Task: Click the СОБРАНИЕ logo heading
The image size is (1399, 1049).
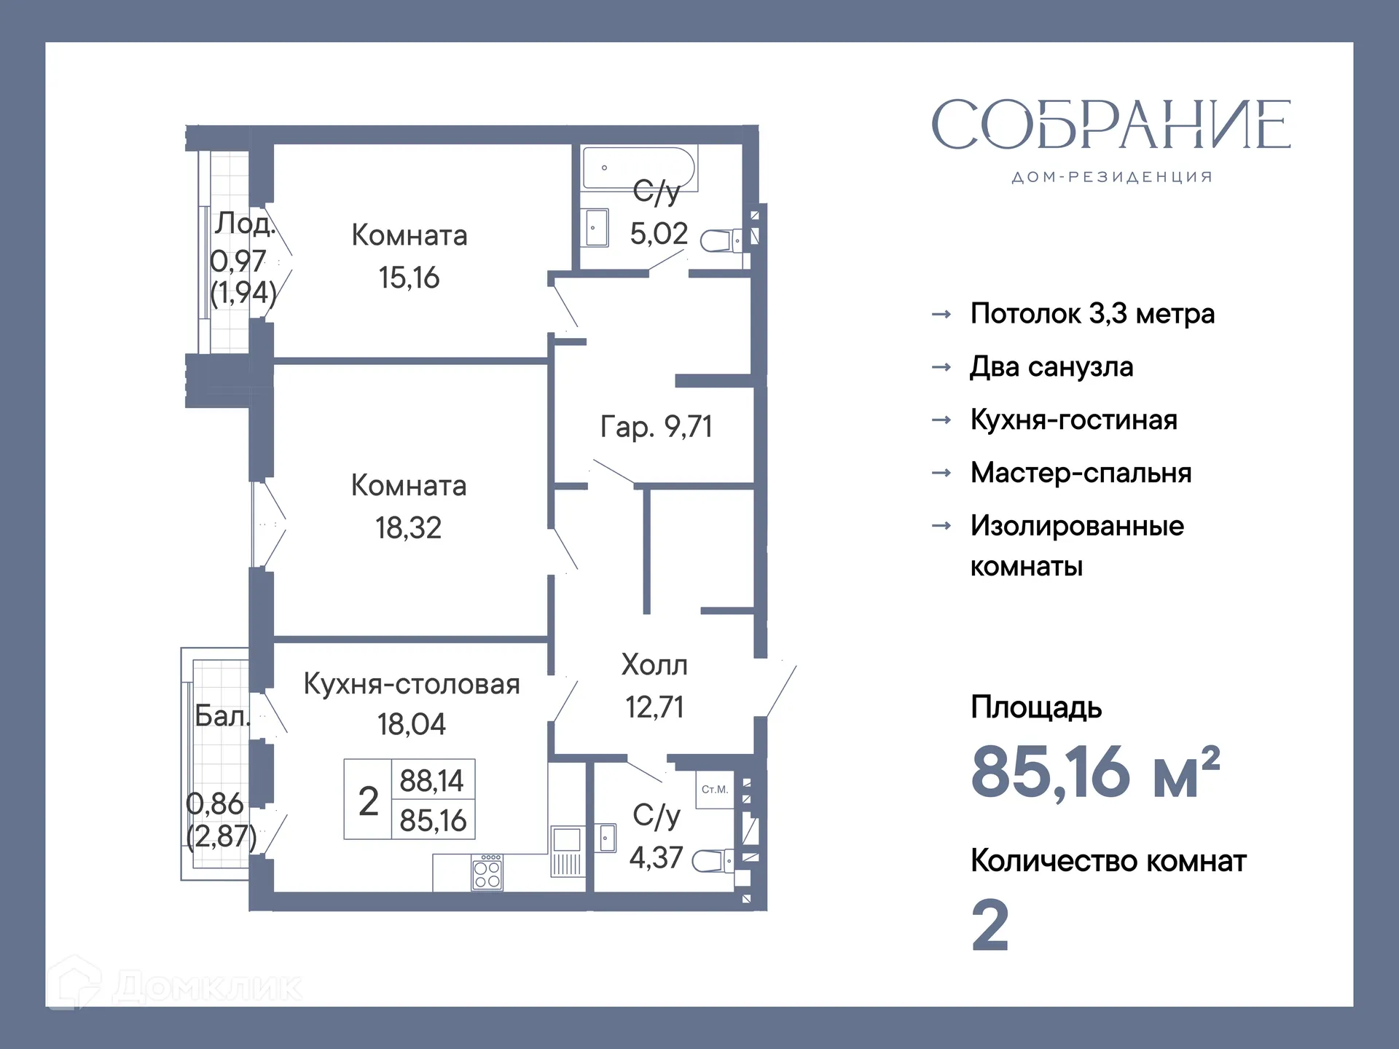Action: (x=1111, y=125)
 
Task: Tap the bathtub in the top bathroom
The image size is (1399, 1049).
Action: (x=638, y=168)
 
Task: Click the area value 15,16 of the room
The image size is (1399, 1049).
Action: (x=409, y=278)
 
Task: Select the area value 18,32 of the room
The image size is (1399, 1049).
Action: (x=408, y=528)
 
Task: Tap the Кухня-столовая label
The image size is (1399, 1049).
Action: (x=412, y=684)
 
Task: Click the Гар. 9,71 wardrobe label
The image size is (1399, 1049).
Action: (x=656, y=426)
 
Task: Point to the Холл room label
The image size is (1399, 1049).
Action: (x=654, y=665)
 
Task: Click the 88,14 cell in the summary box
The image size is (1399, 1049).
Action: (x=432, y=781)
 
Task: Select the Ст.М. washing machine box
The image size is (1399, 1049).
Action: (x=715, y=790)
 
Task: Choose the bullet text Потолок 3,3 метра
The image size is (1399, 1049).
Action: (x=1092, y=314)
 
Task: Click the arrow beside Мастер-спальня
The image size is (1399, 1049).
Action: (x=941, y=473)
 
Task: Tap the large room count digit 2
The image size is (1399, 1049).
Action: (x=990, y=925)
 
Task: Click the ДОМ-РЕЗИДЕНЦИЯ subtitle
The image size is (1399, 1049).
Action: (x=1112, y=177)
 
